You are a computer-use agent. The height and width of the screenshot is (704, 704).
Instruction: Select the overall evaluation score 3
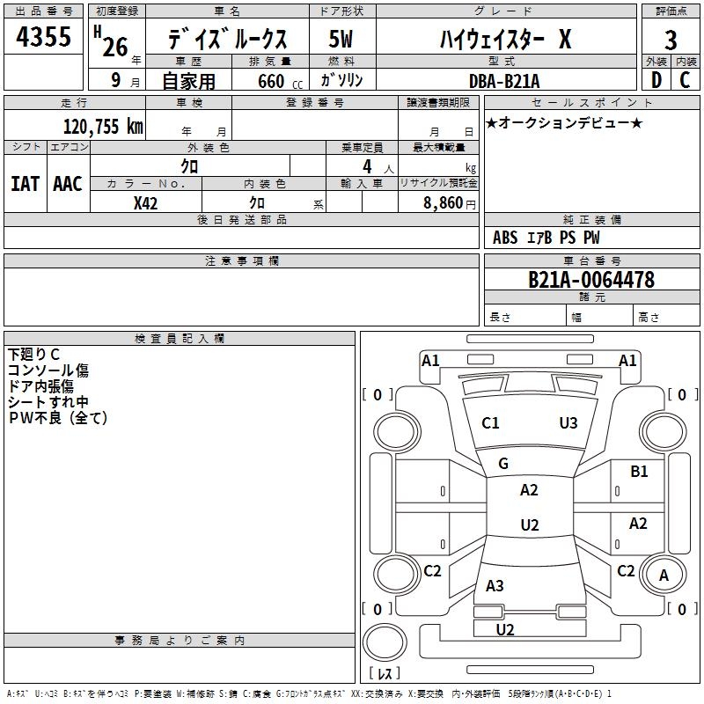[671, 40]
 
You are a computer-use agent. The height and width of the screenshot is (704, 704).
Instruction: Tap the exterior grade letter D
[656, 79]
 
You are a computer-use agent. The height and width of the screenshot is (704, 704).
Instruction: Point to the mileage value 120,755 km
[103, 126]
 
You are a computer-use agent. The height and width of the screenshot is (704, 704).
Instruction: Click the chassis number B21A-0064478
[591, 280]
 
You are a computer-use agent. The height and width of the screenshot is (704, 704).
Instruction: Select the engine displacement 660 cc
[271, 81]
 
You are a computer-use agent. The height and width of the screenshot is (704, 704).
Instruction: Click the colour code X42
[145, 202]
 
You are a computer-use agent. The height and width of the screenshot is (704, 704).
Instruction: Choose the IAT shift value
[25, 184]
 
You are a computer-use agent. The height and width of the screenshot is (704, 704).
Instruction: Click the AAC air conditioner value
[67, 184]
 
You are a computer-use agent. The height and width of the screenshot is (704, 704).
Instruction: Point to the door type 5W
[341, 40]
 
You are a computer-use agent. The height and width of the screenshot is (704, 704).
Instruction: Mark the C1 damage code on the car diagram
[490, 423]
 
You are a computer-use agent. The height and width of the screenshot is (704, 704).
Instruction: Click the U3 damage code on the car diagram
[568, 423]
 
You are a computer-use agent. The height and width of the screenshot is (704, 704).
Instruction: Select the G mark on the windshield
[503, 463]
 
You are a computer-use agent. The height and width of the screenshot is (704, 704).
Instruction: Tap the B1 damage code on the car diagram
[639, 472]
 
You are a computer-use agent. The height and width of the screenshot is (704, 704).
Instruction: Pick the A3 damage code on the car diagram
[495, 585]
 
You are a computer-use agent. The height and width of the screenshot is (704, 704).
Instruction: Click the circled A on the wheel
[664, 576]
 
